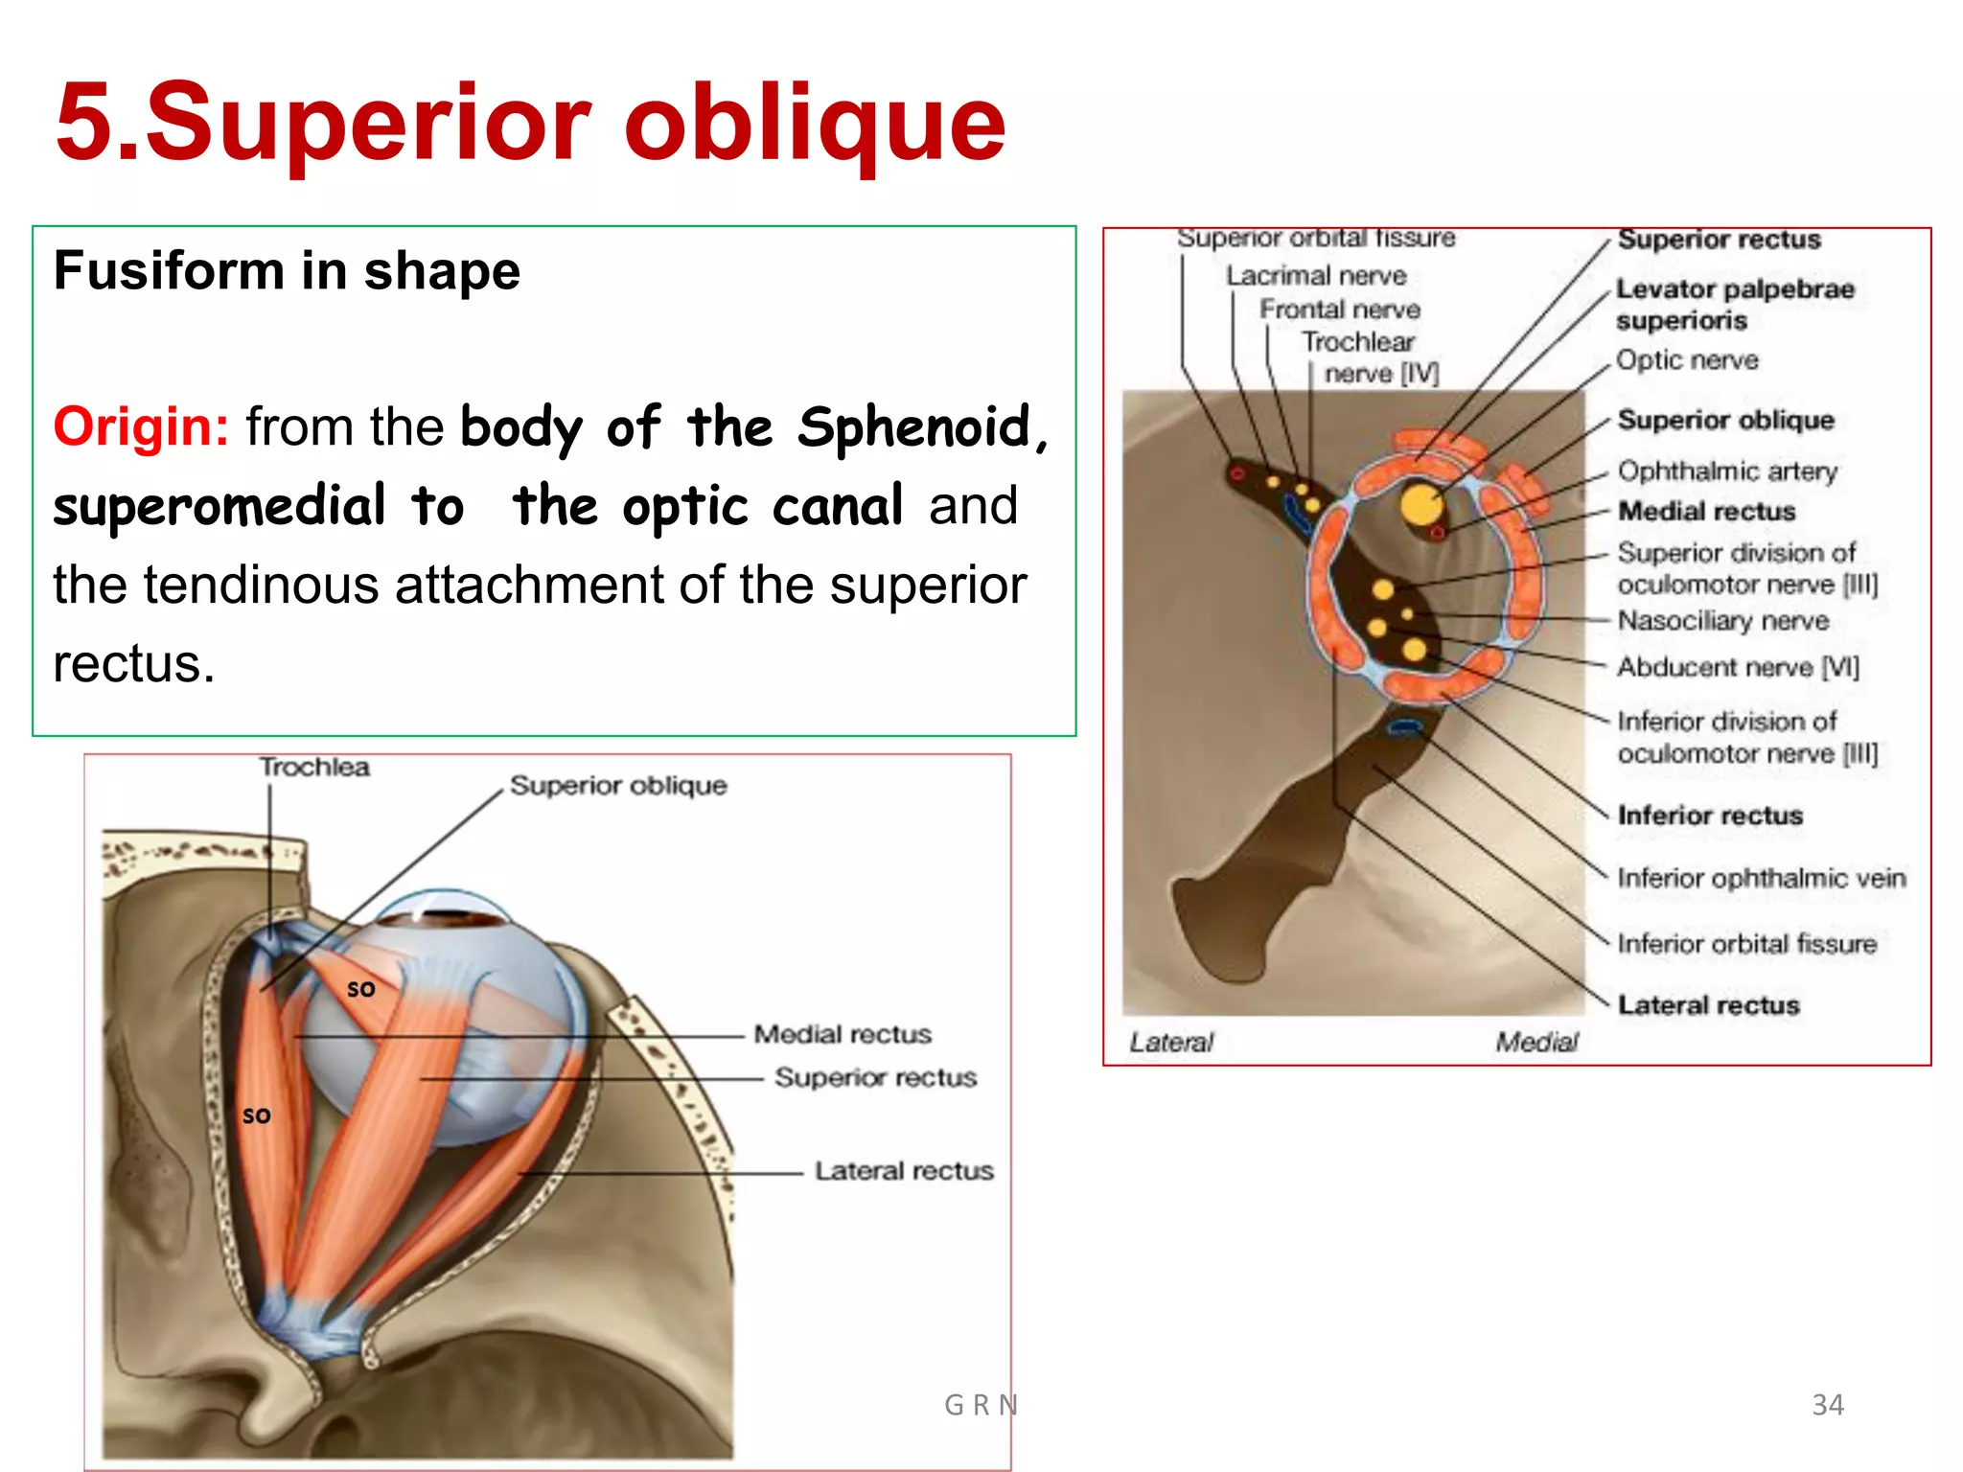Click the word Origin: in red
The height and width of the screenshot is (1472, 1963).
coord(141,426)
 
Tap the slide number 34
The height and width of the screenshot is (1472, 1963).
coord(1827,1405)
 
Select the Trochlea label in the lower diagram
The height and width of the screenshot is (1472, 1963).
coord(314,768)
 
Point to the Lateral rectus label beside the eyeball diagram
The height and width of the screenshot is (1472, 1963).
coord(903,1171)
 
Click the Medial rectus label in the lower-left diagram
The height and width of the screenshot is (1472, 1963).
coord(842,1034)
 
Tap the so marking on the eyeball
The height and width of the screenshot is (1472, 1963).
coord(360,988)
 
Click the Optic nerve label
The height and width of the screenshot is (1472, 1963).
coord(1687,360)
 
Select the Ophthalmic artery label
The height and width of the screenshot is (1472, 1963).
coord(1727,471)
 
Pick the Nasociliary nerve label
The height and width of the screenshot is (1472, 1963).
coord(1722,621)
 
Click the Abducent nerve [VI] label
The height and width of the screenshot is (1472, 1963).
coord(1737,667)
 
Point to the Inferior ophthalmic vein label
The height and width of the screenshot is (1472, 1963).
coord(1761,878)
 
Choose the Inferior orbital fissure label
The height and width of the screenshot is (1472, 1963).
coord(1745,944)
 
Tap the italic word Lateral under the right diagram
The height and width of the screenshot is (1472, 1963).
coord(1170,1043)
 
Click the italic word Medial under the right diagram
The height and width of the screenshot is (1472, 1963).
coord(1536,1043)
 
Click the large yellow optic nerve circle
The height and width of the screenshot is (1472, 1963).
coord(1420,505)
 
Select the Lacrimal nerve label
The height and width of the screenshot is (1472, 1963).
coord(1315,276)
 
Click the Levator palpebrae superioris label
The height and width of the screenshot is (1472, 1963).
coord(1733,304)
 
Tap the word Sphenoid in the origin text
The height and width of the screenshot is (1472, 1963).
coord(912,427)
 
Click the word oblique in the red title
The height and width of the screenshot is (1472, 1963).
coord(815,123)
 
